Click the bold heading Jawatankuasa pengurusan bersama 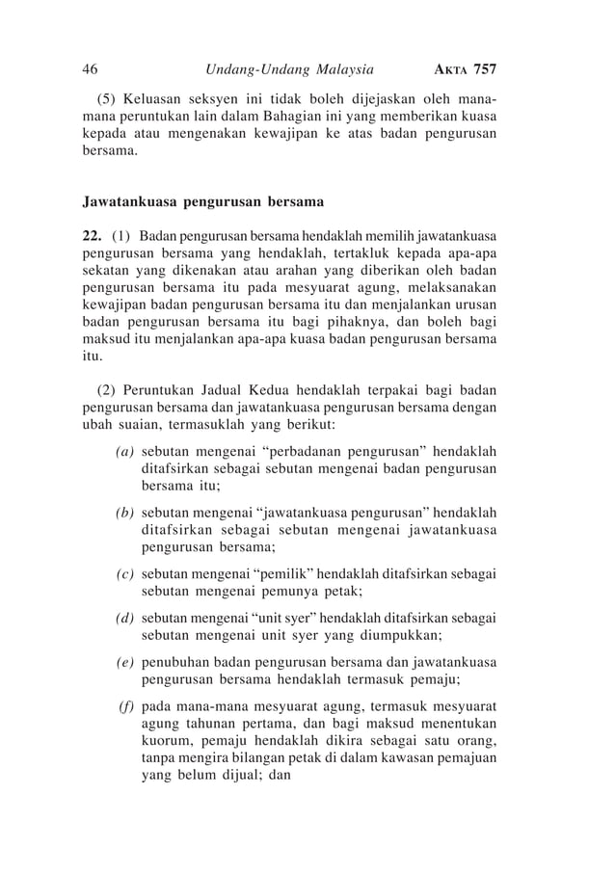tap(201, 203)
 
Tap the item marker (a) tap(124, 450)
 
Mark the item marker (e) tap(124, 662)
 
